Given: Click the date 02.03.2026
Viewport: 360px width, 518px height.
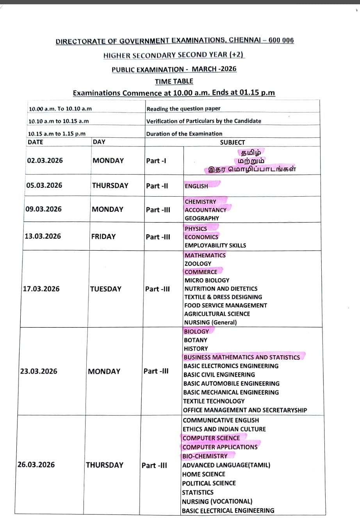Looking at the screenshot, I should [x=45, y=160].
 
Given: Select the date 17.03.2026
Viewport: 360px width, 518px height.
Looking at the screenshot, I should [x=41, y=289].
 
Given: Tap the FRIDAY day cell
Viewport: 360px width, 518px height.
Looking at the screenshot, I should [x=103, y=237].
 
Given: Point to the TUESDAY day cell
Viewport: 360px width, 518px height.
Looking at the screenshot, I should [x=105, y=289].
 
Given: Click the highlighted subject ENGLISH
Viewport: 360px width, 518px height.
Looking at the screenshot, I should [x=196, y=186].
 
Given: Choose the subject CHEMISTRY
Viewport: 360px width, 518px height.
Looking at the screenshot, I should [x=200, y=202].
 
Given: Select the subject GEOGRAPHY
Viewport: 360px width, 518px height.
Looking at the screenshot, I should [x=202, y=218].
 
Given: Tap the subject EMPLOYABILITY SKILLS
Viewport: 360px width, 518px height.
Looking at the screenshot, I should [x=215, y=246].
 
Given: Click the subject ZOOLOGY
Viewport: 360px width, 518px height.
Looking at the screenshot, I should [x=198, y=263].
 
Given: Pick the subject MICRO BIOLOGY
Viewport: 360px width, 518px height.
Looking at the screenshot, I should [x=207, y=280].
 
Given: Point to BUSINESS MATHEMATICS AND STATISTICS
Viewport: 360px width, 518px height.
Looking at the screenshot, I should [x=242, y=357].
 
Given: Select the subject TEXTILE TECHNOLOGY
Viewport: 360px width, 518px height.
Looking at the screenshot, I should [x=214, y=401].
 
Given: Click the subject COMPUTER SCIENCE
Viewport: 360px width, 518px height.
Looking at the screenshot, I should [x=211, y=438].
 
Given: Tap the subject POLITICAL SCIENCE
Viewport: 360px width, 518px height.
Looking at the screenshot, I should [x=209, y=483].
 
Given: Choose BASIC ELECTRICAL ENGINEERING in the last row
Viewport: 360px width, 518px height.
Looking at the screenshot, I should [x=228, y=511].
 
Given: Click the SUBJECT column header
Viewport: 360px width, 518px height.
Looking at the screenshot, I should [x=232, y=142].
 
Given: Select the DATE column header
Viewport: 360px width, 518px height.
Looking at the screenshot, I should [x=36, y=142].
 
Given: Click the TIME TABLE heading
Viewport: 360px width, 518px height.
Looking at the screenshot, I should [x=174, y=81].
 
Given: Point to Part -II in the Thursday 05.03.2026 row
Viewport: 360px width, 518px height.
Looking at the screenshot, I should [x=157, y=186].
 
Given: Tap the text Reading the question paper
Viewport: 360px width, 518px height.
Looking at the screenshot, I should [x=183, y=109].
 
